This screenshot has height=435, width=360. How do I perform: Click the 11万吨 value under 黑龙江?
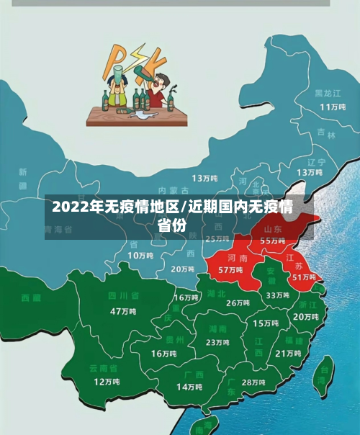(333, 107)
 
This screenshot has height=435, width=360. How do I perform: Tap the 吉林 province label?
(326, 135)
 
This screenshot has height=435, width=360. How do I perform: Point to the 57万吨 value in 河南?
(230, 269)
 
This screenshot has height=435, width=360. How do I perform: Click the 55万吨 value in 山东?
(272, 241)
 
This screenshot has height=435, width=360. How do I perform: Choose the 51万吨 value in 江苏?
(304, 277)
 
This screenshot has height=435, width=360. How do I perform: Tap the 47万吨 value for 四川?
(123, 311)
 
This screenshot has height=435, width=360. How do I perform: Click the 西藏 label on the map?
(31, 297)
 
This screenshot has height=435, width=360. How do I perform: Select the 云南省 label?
(104, 368)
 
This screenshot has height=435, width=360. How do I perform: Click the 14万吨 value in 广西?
(189, 387)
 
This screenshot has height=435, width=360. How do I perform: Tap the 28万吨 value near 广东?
(253, 382)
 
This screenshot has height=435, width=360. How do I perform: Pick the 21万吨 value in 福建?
(288, 353)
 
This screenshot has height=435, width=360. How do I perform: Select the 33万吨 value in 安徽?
(277, 295)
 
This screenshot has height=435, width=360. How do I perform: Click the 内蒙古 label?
(173, 190)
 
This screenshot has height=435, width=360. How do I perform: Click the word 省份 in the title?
(171, 225)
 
